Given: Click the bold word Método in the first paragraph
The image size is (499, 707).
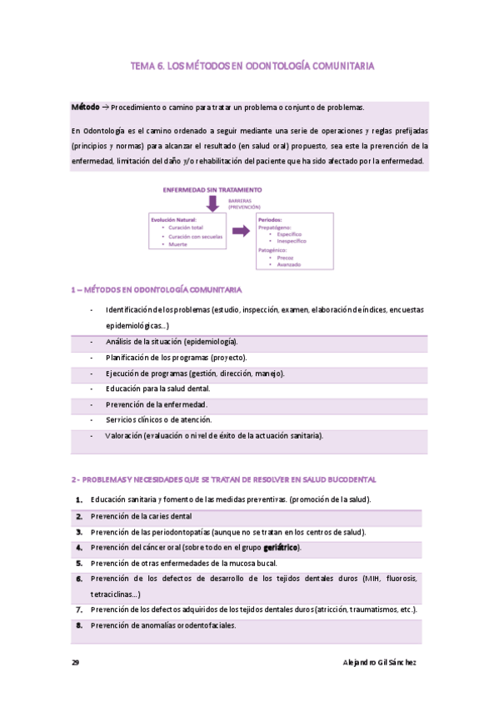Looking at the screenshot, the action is click(x=84, y=108).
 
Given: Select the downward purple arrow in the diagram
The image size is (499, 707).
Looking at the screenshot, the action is click(x=212, y=203).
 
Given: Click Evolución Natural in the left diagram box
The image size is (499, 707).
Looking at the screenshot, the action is click(x=174, y=219).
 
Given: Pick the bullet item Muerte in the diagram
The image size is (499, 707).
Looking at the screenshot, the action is click(x=177, y=245).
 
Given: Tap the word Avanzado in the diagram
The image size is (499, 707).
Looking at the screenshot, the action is click(x=291, y=264).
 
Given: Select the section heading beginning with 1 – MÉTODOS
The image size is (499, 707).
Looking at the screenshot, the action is click(x=157, y=290).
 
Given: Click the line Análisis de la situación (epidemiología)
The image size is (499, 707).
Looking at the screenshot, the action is click(x=171, y=342).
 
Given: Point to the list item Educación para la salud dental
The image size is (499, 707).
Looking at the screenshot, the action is click(x=157, y=389).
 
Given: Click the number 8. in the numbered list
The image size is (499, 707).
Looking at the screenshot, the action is click(x=78, y=624).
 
